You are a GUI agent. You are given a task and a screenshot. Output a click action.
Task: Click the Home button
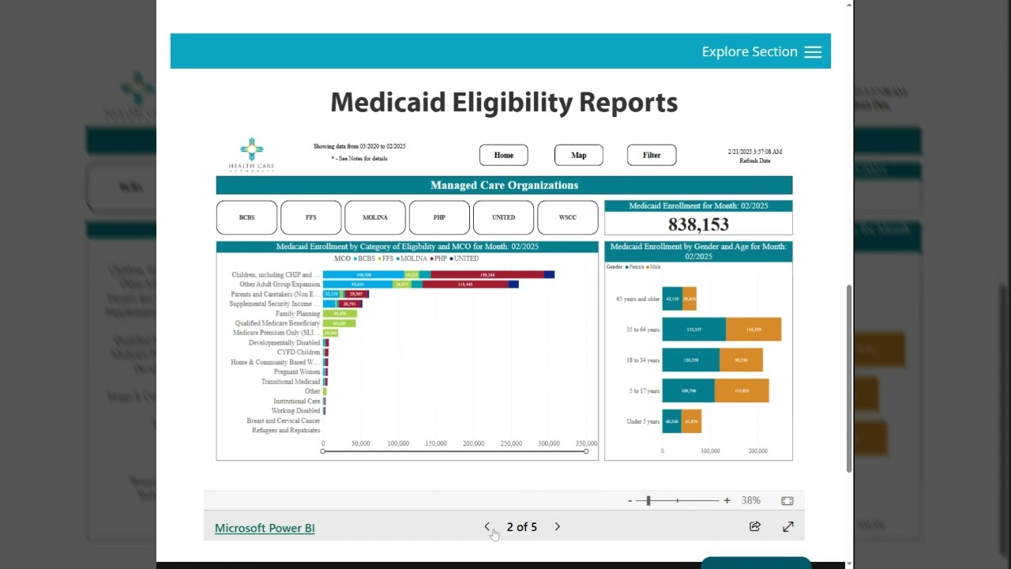[503, 155]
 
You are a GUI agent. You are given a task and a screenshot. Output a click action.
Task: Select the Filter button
[651, 155]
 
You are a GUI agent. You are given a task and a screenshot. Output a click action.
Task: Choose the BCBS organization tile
[246, 217]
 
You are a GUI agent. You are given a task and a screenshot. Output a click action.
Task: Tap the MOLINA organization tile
[374, 217]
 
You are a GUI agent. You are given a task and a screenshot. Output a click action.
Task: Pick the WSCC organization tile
[567, 217]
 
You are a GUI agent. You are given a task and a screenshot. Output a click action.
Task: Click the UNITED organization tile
[503, 217]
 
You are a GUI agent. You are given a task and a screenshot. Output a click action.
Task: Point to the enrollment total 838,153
[698, 224]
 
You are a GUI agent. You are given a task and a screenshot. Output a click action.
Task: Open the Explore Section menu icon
[813, 52]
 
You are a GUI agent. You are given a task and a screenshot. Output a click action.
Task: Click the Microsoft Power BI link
[265, 528]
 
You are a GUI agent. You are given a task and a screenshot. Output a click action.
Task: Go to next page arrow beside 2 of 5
[557, 526]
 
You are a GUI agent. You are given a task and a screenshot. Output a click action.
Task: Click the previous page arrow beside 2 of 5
[487, 526]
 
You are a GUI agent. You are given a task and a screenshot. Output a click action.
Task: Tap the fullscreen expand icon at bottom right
[787, 526]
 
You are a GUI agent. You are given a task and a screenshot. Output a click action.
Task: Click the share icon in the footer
[754, 526]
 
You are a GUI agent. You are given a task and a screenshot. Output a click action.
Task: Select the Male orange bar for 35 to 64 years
[753, 330]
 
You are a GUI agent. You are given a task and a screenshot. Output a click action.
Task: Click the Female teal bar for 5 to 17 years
[688, 390]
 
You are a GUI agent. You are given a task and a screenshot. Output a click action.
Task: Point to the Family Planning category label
[297, 314]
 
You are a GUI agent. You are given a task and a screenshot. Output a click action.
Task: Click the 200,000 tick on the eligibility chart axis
[473, 443]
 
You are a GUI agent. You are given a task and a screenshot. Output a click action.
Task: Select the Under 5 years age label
[642, 421]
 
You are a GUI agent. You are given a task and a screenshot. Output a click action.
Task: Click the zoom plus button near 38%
[727, 500]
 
